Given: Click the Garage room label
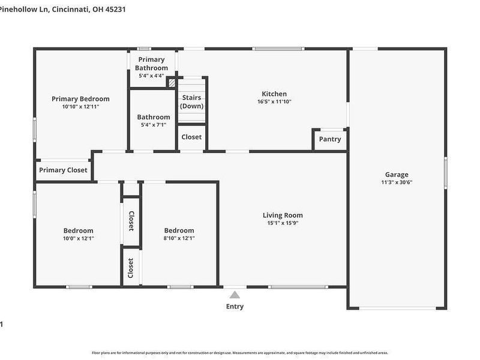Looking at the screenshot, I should (x=397, y=175).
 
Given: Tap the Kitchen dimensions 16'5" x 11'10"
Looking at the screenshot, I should (x=274, y=102).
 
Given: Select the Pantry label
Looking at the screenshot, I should (x=330, y=139).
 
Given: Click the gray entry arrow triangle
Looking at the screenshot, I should (x=235, y=294).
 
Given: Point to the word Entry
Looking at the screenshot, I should (x=235, y=307).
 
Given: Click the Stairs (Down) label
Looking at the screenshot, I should (x=192, y=101).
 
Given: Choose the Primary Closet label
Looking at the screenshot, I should (x=63, y=170).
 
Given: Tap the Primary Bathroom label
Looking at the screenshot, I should (x=151, y=64).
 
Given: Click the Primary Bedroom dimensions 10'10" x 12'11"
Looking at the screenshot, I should (x=80, y=107).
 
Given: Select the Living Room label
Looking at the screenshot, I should (x=283, y=215).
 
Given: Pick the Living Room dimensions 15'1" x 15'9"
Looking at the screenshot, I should (x=283, y=223).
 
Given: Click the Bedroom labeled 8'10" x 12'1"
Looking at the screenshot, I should (x=179, y=230).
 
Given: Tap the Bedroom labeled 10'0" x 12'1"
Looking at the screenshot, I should (x=79, y=230).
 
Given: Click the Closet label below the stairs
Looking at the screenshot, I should (x=191, y=137).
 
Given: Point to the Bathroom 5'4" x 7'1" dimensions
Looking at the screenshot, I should (x=153, y=125).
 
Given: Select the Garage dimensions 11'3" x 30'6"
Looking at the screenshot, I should (x=397, y=182).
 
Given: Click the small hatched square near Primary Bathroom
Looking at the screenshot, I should (x=171, y=83).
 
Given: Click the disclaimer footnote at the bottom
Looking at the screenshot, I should (x=240, y=353).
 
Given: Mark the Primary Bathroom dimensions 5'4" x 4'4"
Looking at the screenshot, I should (x=151, y=76).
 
